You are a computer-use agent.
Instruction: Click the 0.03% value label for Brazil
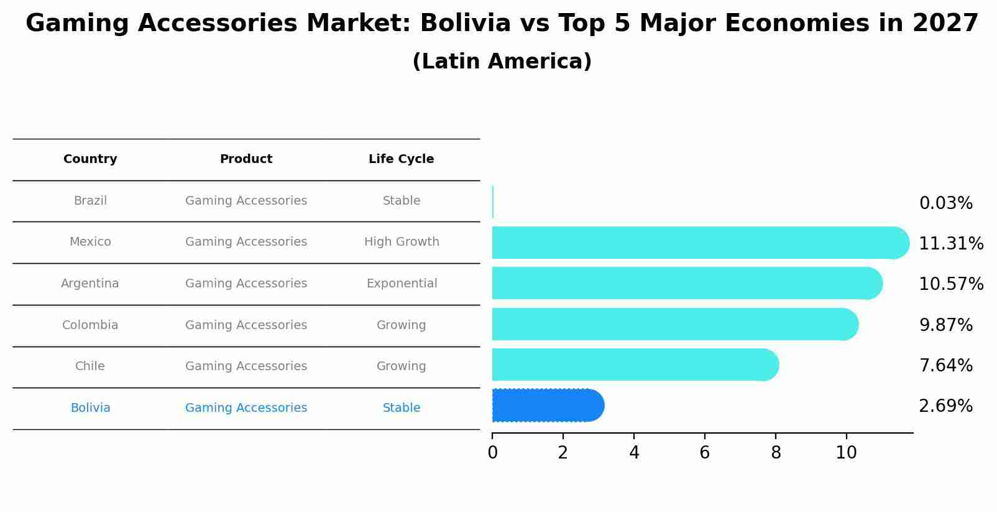click(945, 203)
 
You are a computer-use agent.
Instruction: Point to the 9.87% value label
click(945, 325)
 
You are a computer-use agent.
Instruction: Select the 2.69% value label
click(945, 406)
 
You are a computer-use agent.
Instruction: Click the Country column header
click(90, 159)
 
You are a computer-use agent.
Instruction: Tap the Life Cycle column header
click(401, 159)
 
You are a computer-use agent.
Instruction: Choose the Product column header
click(246, 159)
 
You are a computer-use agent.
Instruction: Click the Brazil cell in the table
click(90, 201)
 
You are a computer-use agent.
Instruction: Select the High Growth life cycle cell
click(402, 242)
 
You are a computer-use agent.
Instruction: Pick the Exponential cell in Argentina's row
click(402, 284)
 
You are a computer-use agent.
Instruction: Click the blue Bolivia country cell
click(90, 408)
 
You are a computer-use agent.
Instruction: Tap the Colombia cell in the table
click(90, 325)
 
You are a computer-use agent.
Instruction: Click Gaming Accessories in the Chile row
click(246, 366)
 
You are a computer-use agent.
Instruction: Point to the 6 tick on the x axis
click(705, 453)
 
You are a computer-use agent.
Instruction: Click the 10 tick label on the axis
click(846, 453)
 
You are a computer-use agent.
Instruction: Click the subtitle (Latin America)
click(502, 62)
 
